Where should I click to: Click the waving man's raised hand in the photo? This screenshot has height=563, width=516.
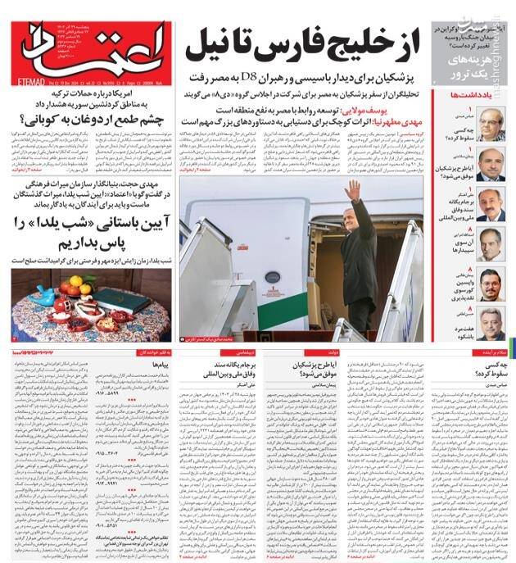(352, 190)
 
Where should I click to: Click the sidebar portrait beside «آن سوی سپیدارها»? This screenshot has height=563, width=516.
(491, 244)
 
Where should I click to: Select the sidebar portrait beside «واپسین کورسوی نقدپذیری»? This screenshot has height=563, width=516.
(491, 284)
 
